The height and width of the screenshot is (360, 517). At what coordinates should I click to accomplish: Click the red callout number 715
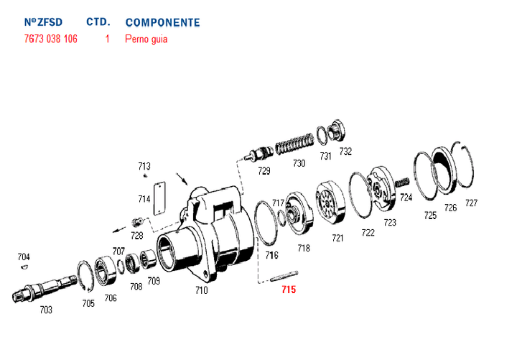tap(288, 290)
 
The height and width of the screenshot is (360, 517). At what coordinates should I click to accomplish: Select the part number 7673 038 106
tap(51, 40)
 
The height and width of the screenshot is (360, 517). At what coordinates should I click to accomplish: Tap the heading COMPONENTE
tap(162, 22)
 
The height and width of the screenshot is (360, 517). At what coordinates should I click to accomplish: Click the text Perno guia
tap(146, 40)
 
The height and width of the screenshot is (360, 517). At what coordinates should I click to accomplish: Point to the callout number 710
tap(201, 290)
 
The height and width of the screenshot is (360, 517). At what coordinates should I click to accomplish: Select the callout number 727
tap(471, 203)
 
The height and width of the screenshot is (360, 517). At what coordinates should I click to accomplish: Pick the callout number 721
tap(337, 238)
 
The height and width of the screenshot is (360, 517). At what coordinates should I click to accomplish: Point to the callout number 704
tap(24, 257)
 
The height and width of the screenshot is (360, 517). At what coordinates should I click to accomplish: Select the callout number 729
tap(264, 171)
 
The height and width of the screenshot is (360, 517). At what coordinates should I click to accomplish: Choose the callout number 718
tap(304, 248)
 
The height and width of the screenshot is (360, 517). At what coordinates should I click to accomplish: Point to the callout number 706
tap(111, 297)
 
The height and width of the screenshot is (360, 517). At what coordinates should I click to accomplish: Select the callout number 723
tap(390, 223)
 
